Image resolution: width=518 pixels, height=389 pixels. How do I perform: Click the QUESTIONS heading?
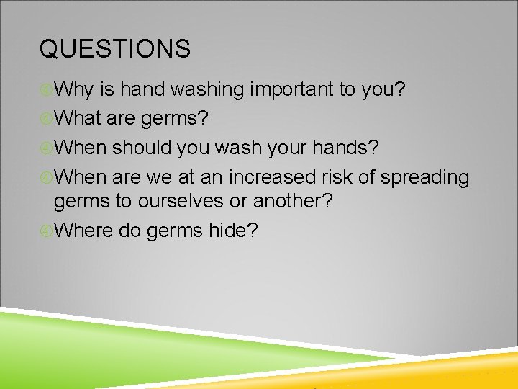pos(115,49)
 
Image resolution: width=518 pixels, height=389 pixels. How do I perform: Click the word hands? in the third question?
pos(352,147)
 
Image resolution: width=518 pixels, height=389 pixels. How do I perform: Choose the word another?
pos(290,202)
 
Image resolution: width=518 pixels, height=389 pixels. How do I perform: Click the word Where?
pos(83,231)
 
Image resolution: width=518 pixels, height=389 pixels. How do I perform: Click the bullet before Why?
pos(46,91)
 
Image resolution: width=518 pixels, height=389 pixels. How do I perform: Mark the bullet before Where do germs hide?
pos(46,231)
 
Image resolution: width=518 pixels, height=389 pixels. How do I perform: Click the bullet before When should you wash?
pos(46,148)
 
